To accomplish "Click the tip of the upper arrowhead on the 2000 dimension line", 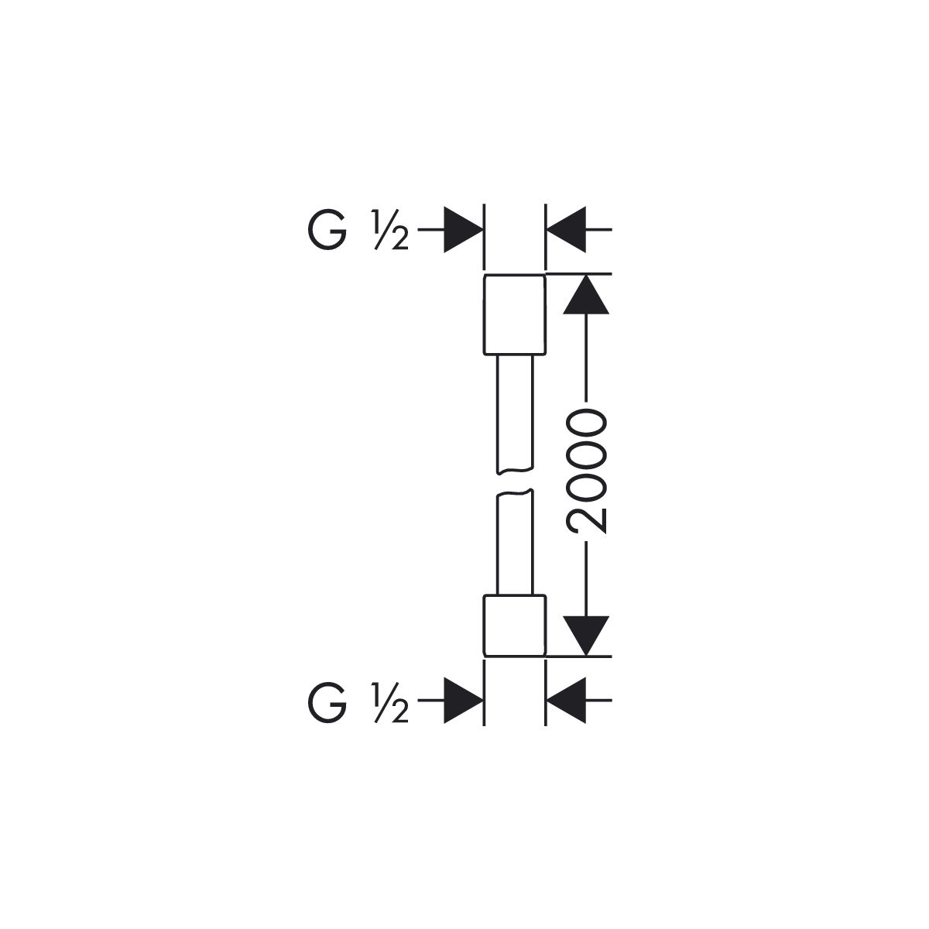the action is click(586, 274).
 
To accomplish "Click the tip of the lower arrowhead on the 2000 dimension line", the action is click(586, 656).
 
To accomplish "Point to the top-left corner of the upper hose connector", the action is click(483, 275).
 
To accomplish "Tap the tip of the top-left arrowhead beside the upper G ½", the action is click(483, 229).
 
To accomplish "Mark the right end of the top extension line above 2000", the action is click(612, 274).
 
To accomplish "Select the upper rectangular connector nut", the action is click(514, 315).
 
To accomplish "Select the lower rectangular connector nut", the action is click(514, 626).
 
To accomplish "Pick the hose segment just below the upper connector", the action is click(515, 414).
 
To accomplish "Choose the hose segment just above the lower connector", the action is click(515, 542).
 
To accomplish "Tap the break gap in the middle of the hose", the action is click(515, 481).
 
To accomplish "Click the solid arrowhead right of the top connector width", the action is click(566, 229).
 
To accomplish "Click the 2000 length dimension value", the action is click(586, 464).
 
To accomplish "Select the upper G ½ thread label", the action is click(358, 230).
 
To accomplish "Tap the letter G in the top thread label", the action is click(327, 230).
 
